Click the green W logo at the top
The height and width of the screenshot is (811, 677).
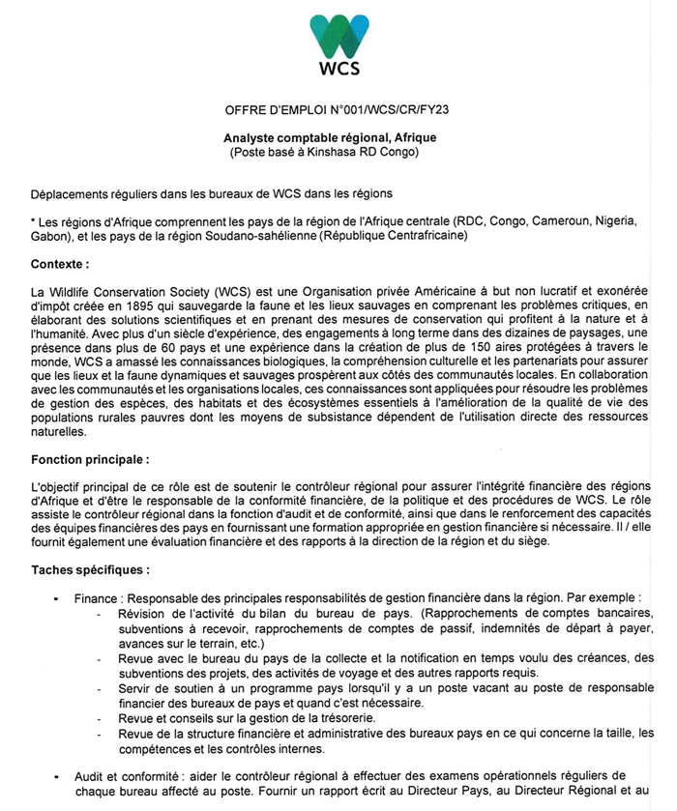click(x=338, y=36)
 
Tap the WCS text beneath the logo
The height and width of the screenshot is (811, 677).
click(x=338, y=69)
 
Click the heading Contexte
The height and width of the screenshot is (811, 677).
click(x=59, y=263)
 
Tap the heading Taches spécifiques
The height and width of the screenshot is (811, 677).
click(x=90, y=569)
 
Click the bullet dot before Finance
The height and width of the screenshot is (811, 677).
click(x=56, y=598)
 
